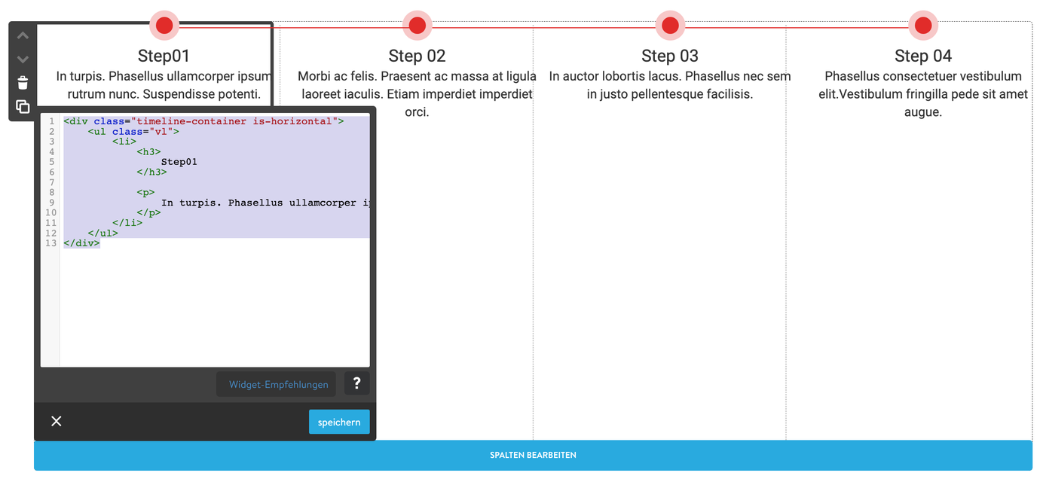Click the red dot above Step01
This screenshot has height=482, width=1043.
(x=164, y=25)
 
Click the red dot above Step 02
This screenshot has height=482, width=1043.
(x=418, y=25)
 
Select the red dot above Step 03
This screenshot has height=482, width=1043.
(x=670, y=25)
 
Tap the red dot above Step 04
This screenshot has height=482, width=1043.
(x=923, y=25)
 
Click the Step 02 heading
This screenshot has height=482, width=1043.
(x=417, y=56)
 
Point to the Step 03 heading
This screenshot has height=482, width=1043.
(x=669, y=56)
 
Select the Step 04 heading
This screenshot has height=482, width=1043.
(x=923, y=56)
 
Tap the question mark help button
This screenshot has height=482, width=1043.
(x=356, y=383)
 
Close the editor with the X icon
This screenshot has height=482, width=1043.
(x=57, y=421)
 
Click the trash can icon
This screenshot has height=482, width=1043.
(x=23, y=83)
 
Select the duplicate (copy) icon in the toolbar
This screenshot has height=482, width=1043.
(x=23, y=106)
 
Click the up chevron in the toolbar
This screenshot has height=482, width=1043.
(x=23, y=35)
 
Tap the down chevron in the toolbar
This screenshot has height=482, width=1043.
(x=23, y=59)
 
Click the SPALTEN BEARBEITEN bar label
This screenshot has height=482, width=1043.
(x=533, y=455)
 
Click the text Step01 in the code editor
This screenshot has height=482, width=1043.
(x=179, y=162)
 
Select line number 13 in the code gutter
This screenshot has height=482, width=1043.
(x=50, y=243)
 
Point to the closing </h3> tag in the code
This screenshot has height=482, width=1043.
(x=151, y=172)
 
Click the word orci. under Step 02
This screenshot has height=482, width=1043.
(x=417, y=112)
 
